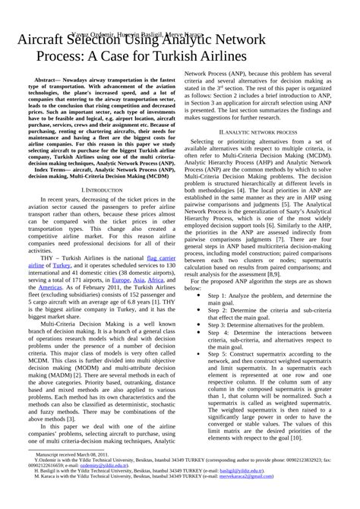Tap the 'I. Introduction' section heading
(x=102, y=188)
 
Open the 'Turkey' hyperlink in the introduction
(x=61, y=266)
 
